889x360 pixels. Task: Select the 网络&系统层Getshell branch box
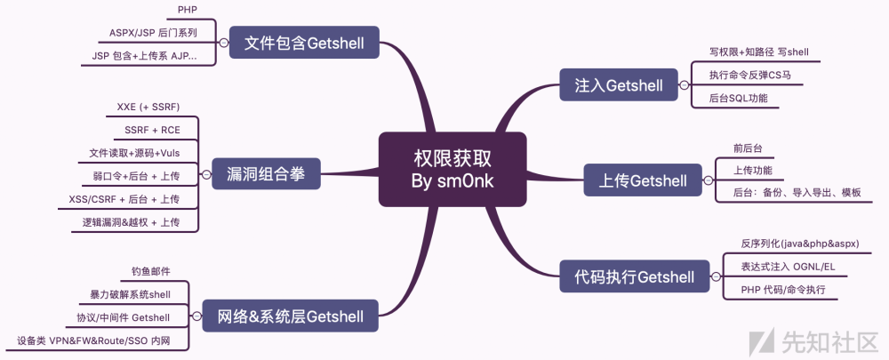291,315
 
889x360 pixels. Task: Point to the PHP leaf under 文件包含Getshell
188,11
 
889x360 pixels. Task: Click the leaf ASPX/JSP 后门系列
152,33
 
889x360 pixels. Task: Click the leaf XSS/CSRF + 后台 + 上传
124,199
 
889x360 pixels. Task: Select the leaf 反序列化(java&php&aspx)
800,243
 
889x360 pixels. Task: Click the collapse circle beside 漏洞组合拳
205,175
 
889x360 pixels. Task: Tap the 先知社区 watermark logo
813,341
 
